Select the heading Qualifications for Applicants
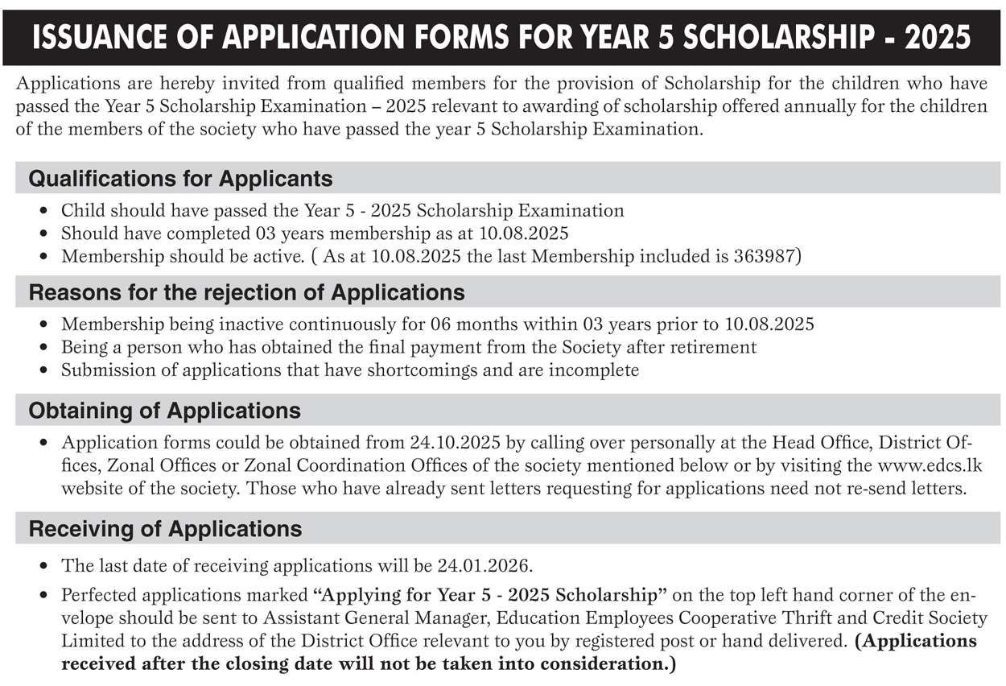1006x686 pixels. tap(180, 179)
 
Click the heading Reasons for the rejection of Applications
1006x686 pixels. tap(246, 292)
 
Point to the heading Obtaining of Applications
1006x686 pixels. tap(164, 411)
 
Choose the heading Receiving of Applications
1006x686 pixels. tap(165, 529)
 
